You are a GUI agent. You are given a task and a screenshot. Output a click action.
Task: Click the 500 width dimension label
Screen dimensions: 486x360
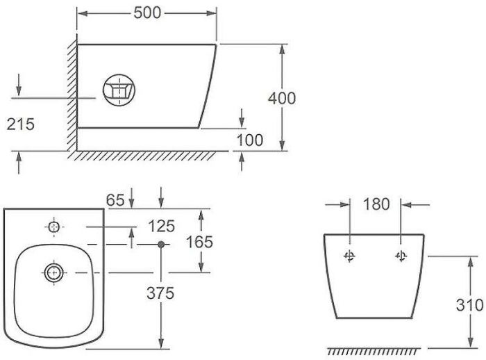(x=147, y=13)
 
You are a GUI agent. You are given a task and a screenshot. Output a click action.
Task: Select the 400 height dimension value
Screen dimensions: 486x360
(x=282, y=99)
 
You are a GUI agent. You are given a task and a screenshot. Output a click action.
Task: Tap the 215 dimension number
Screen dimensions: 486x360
(x=20, y=124)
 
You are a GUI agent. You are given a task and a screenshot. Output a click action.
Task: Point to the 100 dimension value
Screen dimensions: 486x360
(x=250, y=140)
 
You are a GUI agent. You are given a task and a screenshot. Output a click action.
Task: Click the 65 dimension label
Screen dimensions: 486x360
(x=115, y=200)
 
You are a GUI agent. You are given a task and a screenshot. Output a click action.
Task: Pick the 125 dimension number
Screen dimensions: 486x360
(x=162, y=227)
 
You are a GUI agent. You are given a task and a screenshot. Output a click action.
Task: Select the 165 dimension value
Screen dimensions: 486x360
(x=199, y=242)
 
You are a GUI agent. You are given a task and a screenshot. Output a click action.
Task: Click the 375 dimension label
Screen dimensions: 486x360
(x=160, y=293)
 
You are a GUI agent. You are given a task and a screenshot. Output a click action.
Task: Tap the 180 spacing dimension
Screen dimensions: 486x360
(x=376, y=204)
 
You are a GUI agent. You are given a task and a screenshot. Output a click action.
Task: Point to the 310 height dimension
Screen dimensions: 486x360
(x=469, y=305)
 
